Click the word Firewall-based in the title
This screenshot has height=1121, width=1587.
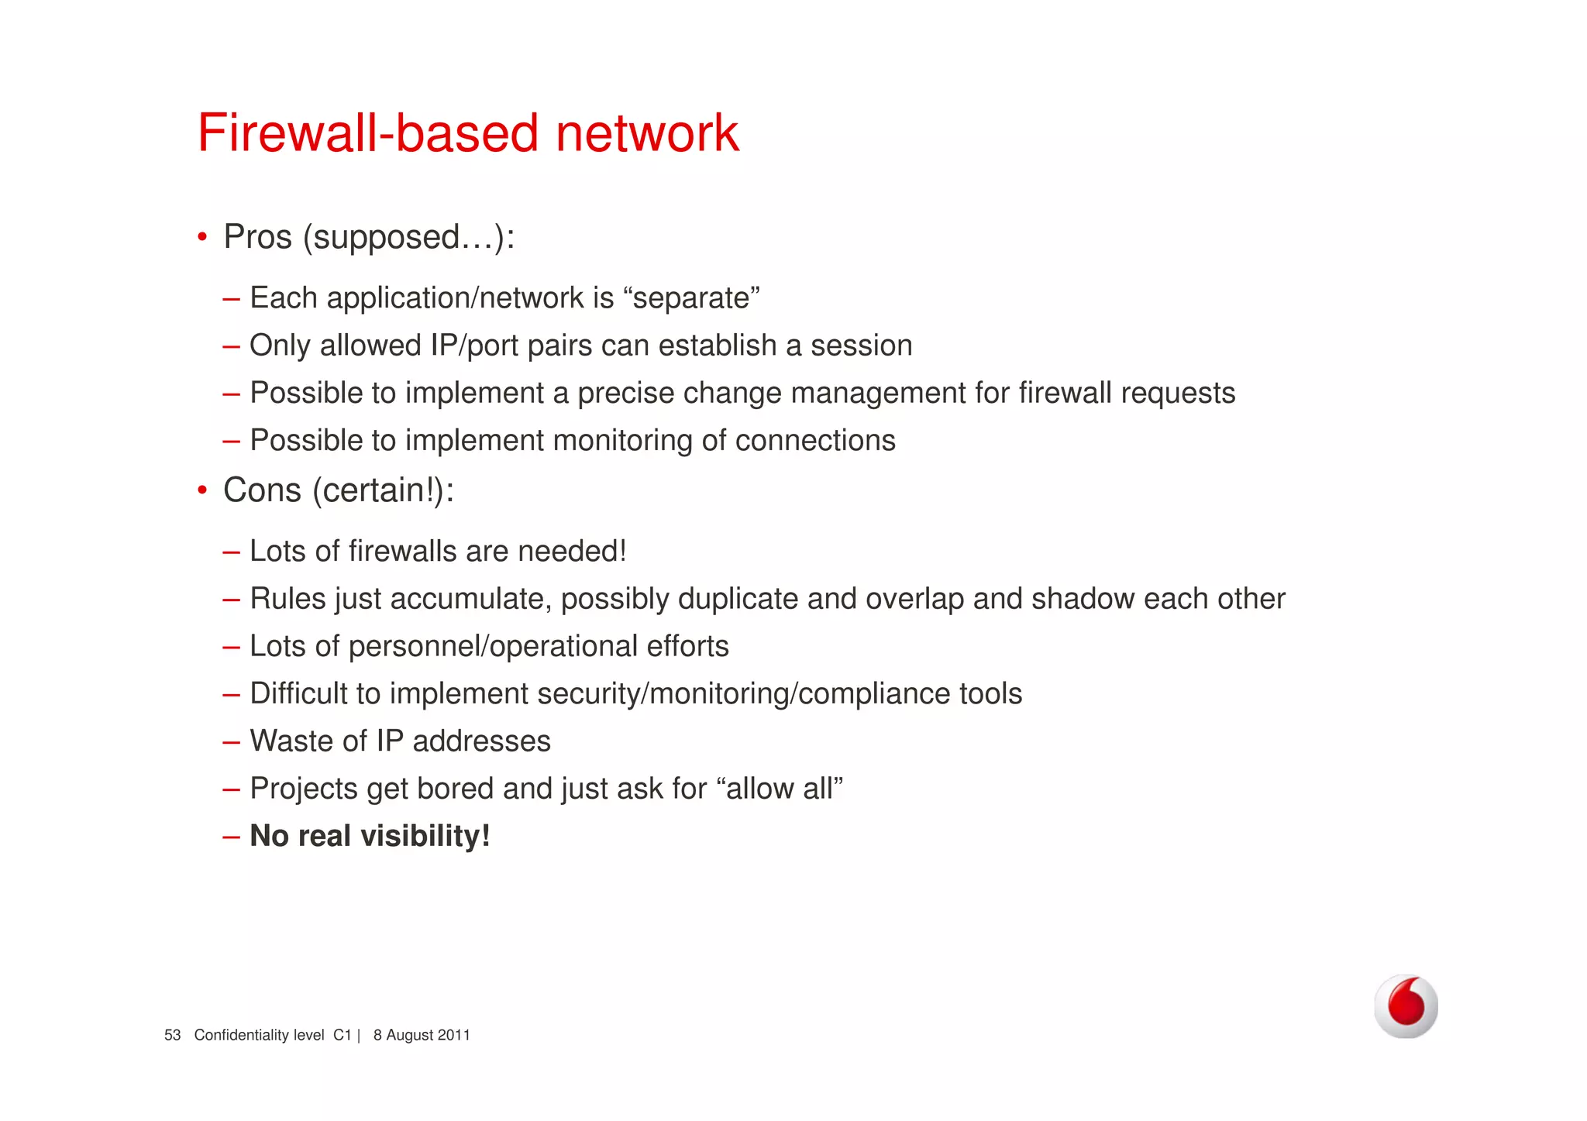[368, 133]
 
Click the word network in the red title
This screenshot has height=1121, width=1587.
[647, 133]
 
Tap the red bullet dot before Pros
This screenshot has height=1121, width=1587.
[202, 236]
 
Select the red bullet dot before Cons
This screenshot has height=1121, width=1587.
[202, 490]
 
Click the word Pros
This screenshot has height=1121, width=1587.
[257, 237]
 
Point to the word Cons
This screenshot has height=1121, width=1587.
[262, 490]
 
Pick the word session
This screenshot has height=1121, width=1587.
[861, 346]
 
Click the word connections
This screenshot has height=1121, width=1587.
[815, 441]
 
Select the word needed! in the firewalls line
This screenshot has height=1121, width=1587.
[572, 552]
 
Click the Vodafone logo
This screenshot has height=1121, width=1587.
[1406, 1006]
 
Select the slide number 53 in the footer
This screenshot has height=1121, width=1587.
[172, 1035]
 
